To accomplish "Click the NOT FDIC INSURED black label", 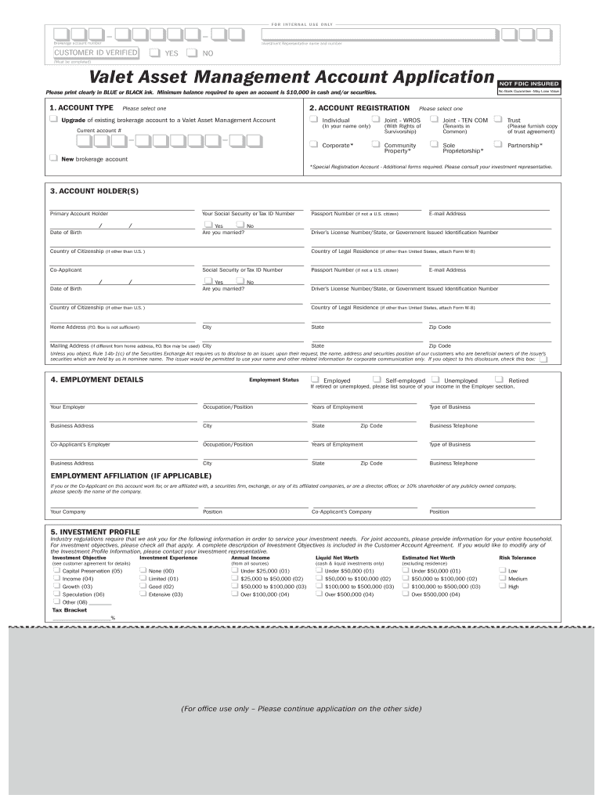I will [x=529, y=84].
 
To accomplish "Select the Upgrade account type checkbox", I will [x=53, y=120].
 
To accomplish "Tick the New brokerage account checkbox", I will [x=53, y=158].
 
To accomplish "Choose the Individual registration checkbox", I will [x=314, y=120].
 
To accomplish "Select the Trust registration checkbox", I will [x=497, y=120].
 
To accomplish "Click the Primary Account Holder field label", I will [x=79, y=213].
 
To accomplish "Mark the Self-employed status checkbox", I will [x=377, y=380].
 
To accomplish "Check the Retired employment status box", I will [x=499, y=380].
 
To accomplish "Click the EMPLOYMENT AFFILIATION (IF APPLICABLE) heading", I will [x=131, y=475].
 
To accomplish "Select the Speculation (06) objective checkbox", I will [x=56, y=594].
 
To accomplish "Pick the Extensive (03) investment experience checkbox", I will [x=143, y=594].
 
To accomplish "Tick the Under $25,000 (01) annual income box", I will [x=234, y=571].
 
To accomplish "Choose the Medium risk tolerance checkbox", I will [x=502, y=579].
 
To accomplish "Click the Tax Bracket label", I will [x=69, y=609].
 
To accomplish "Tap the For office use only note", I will [x=301, y=709].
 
